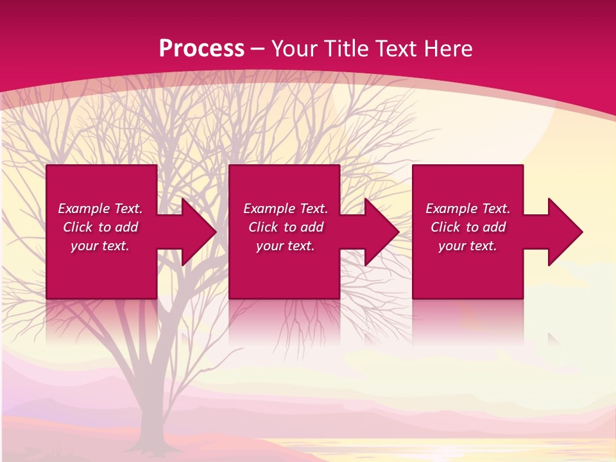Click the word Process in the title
pos(201,49)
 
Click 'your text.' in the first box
pos(100,246)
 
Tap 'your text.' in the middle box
pos(286,246)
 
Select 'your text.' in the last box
pos(468,246)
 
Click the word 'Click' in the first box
pos(78,227)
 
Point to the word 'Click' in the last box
pos(445,227)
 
